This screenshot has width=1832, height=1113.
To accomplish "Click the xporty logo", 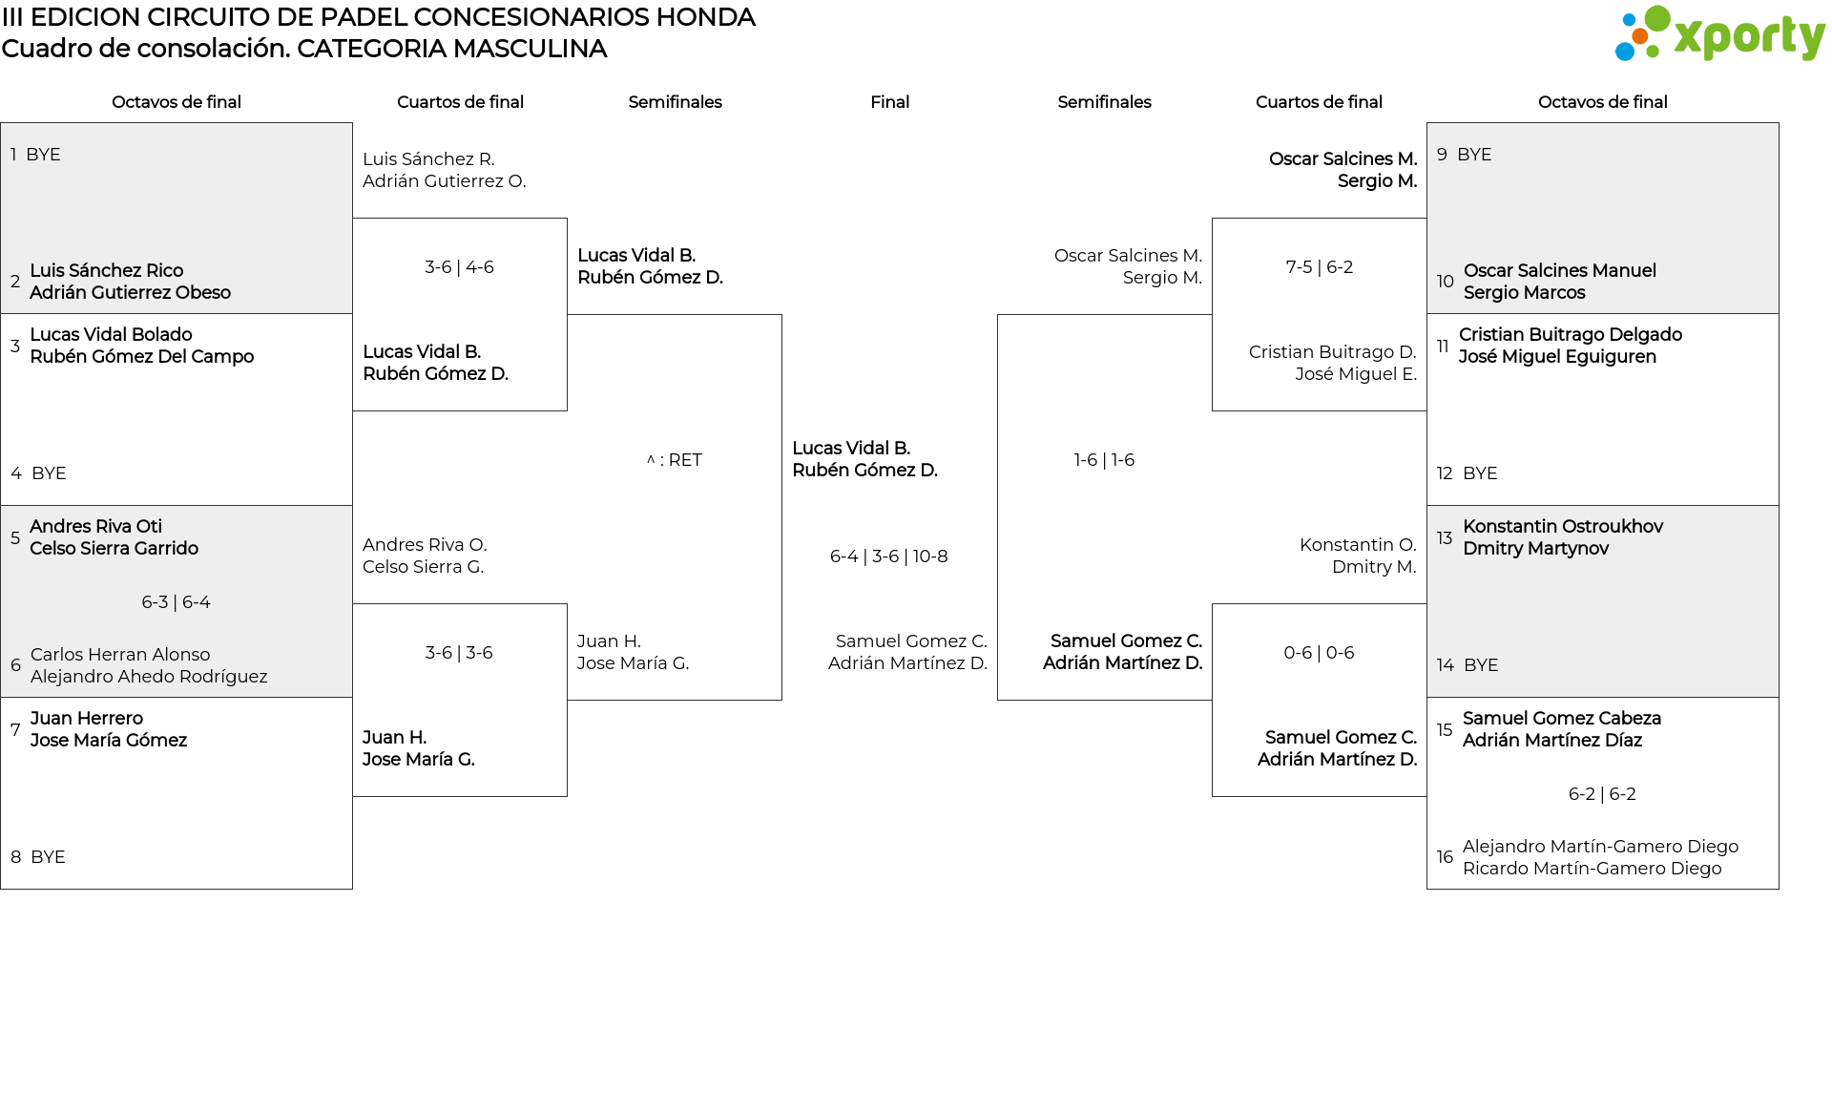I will click(x=1719, y=34).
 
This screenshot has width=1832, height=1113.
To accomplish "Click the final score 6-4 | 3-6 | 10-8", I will click(x=888, y=556).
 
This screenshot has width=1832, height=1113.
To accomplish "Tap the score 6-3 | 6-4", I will click(x=176, y=602).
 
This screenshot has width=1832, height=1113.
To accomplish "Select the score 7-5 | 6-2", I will click(x=1319, y=267).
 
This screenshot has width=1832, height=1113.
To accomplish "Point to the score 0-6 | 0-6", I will click(x=1319, y=653).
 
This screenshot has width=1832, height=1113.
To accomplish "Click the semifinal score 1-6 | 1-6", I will click(x=1104, y=460).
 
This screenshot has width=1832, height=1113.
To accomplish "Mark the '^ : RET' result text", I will click(x=675, y=460).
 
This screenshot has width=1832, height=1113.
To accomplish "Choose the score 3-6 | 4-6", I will click(x=459, y=267).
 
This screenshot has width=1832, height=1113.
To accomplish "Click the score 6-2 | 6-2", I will click(x=1602, y=794).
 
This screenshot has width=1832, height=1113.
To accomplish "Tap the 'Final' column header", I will click(x=889, y=102).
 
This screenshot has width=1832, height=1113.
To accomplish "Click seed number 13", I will click(x=1445, y=537).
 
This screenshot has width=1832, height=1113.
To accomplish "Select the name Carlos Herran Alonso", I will click(x=120, y=655).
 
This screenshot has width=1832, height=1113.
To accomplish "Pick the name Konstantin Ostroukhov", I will click(x=1563, y=527).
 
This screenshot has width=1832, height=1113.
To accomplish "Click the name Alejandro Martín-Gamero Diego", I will click(x=1600, y=847).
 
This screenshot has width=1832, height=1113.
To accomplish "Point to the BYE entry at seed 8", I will click(x=48, y=857).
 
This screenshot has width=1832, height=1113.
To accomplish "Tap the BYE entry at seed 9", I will click(x=1474, y=155).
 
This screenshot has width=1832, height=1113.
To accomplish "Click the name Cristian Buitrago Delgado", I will click(x=1570, y=335).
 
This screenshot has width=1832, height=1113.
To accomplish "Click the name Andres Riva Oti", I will click(x=95, y=527).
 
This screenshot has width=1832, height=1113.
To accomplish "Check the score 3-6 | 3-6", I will click(x=459, y=653).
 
